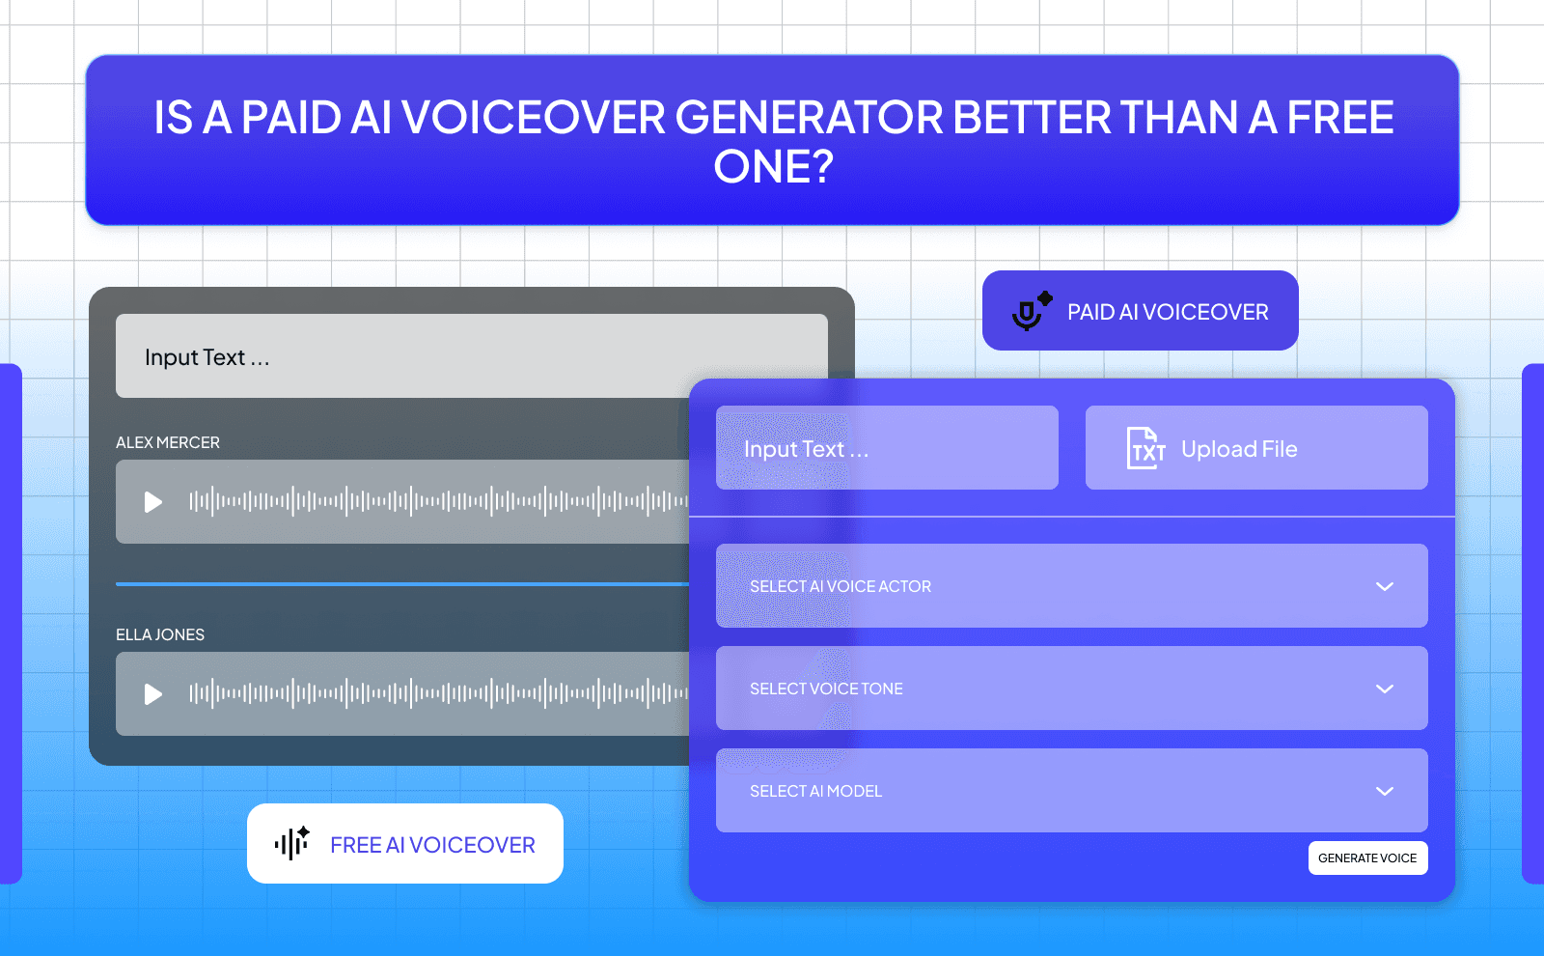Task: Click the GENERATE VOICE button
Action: tap(1367, 858)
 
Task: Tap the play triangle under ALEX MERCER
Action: tap(152, 502)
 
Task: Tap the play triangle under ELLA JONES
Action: tap(152, 694)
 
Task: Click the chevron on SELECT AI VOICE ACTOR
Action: tap(1384, 586)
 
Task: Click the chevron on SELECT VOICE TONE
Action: tap(1384, 689)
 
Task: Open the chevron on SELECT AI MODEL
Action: tap(1384, 791)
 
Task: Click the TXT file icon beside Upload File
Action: tap(1145, 448)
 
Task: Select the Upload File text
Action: tap(1239, 449)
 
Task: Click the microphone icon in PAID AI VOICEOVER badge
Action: tap(1030, 312)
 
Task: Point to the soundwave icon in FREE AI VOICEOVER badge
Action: tap(291, 843)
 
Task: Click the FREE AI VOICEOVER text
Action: tap(432, 845)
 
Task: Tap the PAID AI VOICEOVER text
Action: tap(1168, 312)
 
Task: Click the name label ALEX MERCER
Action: tap(168, 442)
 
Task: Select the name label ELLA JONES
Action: tap(160, 634)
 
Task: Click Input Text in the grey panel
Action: tap(207, 357)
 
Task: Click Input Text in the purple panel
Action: tap(806, 449)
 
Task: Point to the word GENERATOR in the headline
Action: tap(809, 118)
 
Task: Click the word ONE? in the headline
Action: tap(773, 167)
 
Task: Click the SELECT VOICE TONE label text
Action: tap(826, 689)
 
